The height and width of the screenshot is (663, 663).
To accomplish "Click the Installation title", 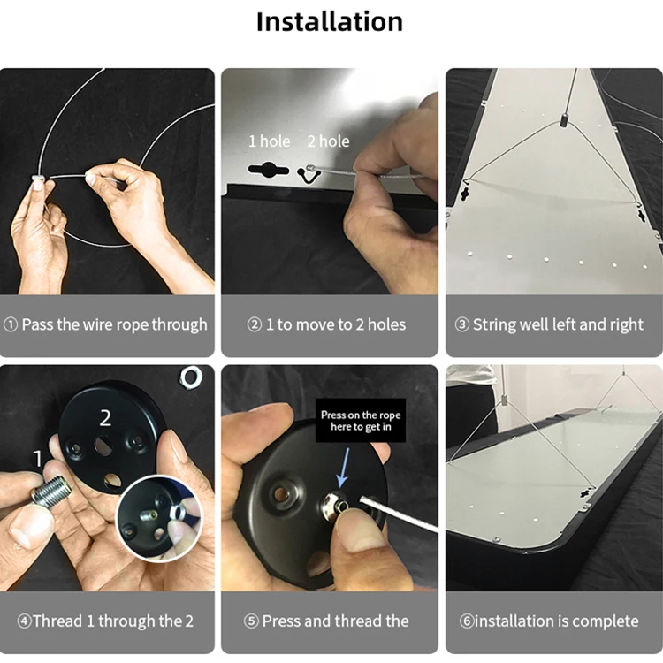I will coord(330,22).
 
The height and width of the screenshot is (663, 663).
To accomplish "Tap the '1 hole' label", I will coord(267,141).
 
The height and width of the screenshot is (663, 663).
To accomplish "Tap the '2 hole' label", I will coord(328,141).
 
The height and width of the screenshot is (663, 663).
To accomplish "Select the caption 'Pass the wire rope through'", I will coord(107,324).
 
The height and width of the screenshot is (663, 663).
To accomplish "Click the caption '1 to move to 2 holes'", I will coord(328,324).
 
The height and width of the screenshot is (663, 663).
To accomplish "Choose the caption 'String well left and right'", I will coord(550,324).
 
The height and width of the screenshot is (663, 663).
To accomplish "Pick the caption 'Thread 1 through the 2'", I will coord(107,621).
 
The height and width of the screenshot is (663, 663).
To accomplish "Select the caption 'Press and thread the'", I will coord(328,621).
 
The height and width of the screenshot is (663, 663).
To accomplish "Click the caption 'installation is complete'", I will coord(550,621).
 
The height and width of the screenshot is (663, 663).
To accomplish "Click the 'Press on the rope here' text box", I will coord(361,421).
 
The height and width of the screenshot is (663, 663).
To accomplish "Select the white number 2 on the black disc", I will coord(105,417).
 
